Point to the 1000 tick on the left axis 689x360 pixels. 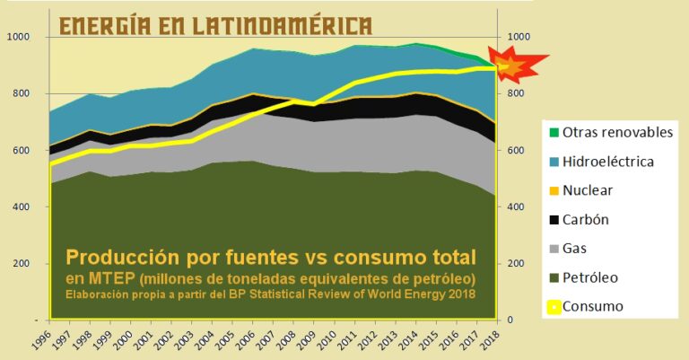click(18, 37)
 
